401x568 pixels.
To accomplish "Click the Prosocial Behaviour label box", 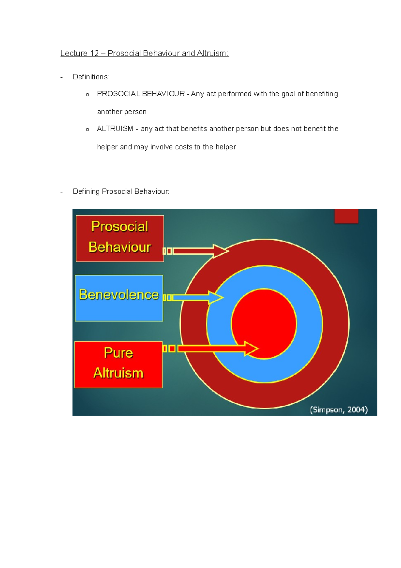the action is click(x=120, y=238).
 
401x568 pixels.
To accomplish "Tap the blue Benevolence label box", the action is click(x=119, y=298).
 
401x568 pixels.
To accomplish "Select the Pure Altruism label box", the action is click(x=118, y=364).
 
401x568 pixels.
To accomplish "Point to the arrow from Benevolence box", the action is click(x=197, y=297).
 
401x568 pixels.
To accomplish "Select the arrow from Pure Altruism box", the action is click(x=217, y=349).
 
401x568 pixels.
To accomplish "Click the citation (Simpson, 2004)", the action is click(x=339, y=410).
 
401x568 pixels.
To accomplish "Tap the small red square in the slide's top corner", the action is click(x=346, y=216).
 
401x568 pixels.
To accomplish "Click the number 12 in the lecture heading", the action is click(x=94, y=53).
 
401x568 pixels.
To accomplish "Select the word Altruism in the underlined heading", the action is click(x=212, y=53).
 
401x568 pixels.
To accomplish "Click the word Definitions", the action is click(x=91, y=77).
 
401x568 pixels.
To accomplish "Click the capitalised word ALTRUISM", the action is click(x=115, y=129).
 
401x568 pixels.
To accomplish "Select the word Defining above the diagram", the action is click(x=86, y=191).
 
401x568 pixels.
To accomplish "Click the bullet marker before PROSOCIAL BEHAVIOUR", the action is click(x=87, y=95).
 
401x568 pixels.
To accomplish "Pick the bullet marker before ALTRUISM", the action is click(x=87, y=129).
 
